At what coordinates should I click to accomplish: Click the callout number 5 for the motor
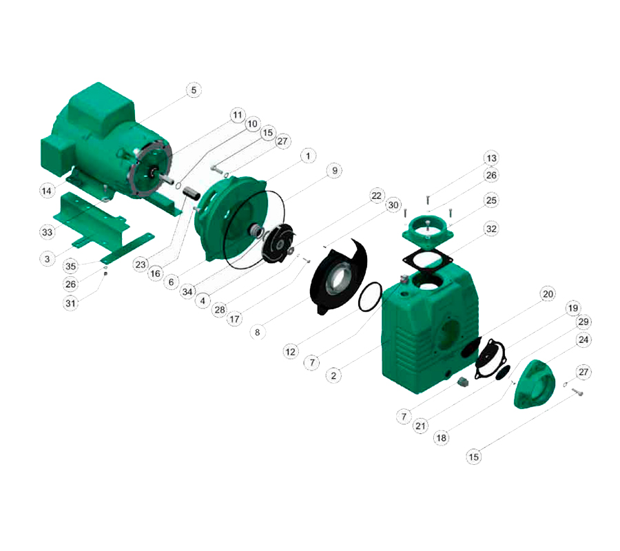[194, 90]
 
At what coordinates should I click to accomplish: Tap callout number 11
[237, 115]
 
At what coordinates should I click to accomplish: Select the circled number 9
[335, 170]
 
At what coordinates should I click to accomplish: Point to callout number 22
[376, 196]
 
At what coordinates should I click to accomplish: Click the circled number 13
[491, 158]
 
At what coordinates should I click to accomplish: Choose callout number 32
[491, 229]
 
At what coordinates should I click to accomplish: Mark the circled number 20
[548, 294]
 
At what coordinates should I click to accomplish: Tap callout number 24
[583, 340]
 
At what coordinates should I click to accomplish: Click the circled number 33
[47, 232]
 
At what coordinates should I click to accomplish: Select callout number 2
[333, 375]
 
